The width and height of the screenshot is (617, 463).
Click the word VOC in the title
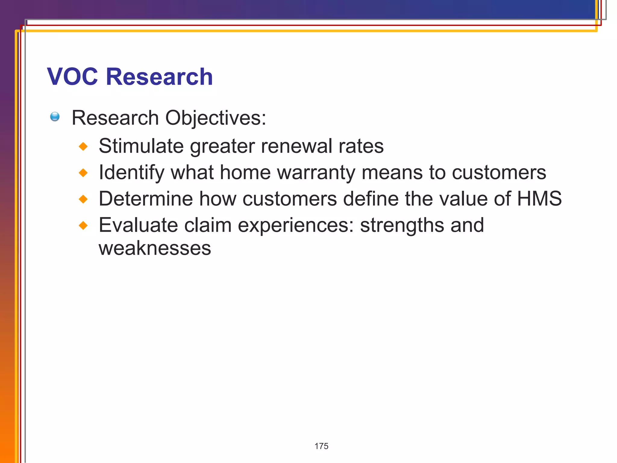pos(72,77)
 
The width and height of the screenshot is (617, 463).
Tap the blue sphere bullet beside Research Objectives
pos(55,117)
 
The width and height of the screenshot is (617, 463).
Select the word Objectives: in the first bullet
pos(216,118)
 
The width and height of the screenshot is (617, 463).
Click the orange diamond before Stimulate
pos(83,147)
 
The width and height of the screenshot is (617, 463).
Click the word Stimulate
pos(141,146)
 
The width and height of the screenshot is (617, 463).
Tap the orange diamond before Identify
pos(83,173)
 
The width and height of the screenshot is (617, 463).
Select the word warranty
pos(316,173)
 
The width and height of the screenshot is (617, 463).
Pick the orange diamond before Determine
pos(83,199)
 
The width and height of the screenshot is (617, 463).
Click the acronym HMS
pos(539,199)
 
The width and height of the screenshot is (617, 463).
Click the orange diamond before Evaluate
pos(83,225)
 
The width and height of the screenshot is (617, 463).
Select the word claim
pos(208,225)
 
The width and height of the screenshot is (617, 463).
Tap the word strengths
pos(402,226)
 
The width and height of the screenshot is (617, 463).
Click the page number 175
pos(321,446)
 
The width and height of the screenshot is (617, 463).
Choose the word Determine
pos(146,199)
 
